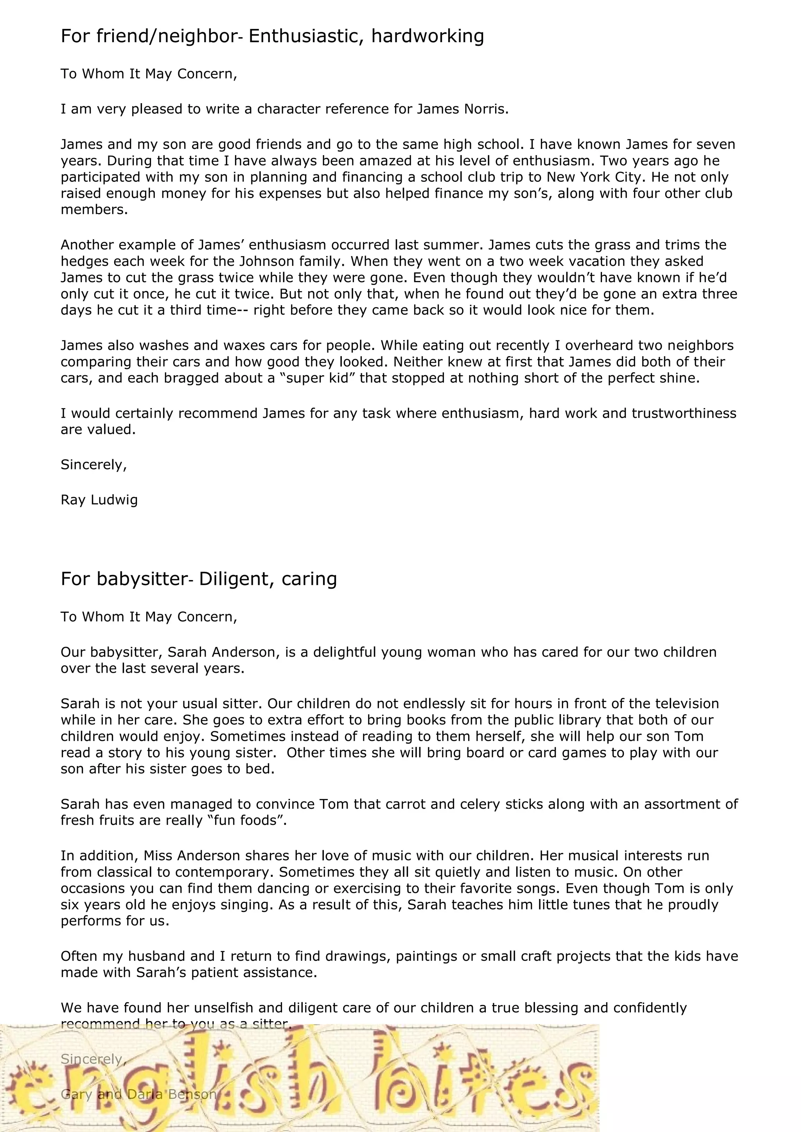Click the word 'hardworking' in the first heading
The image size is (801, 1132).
pos(427,36)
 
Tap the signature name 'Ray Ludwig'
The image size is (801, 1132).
pos(99,500)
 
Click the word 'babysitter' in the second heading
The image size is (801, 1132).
pos(140,579)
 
